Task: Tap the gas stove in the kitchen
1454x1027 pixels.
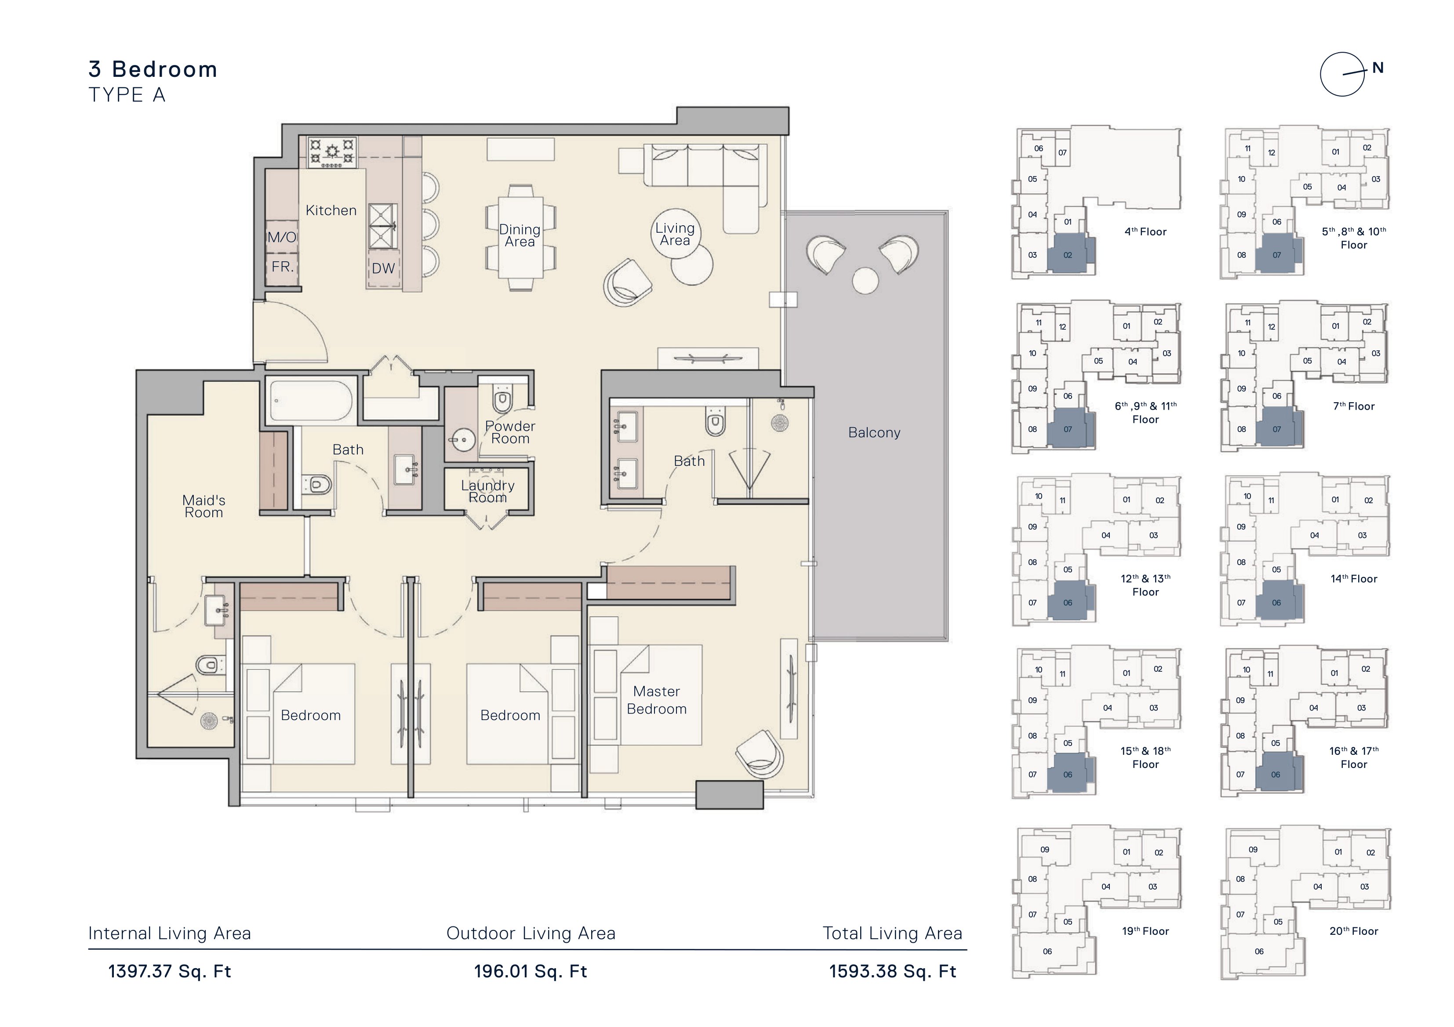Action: (332, 152)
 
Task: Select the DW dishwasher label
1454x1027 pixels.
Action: (383, 268)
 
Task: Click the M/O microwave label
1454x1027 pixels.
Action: (282, 237)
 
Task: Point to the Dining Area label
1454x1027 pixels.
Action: (519, 235)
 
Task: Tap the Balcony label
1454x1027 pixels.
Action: (874, 433)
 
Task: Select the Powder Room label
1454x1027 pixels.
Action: (510, 432)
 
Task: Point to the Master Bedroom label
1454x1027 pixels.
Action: (657, 700)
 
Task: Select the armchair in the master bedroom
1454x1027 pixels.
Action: (760, 754)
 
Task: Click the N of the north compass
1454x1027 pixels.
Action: (1378, 68)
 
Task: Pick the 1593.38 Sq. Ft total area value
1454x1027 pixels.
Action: (892, 971)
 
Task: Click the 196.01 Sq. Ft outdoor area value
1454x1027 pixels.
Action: (531, 971)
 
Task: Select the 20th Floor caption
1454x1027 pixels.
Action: (1353, 931)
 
